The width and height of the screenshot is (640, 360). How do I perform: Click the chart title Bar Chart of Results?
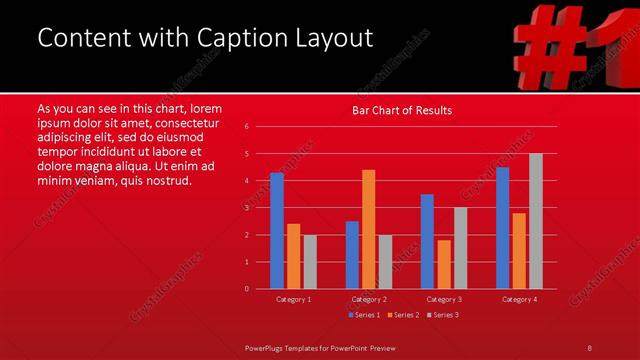pos(402,110)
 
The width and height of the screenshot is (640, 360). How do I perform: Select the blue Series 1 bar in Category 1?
pos(277,230)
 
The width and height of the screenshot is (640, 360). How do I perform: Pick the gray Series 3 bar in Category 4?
pos(536,221)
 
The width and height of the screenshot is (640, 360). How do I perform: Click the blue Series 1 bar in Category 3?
pos(427,241)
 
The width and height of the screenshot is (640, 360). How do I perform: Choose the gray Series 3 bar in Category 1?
pos(310,262)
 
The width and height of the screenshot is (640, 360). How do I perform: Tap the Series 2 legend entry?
pos(402,315)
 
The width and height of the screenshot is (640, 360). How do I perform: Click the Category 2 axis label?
pos(369,299)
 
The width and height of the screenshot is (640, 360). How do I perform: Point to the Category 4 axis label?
pos(519,299)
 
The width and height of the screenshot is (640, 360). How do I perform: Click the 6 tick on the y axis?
pos(247,127)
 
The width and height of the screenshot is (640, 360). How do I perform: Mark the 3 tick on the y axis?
pos(247,208)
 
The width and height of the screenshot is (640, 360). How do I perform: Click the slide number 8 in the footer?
pos(590,347)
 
